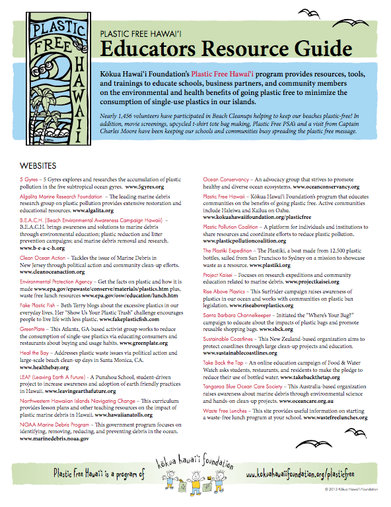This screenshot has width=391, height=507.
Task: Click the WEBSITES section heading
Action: (x=38, y=164)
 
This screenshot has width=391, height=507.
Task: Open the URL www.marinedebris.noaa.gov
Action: (x=55, y=438)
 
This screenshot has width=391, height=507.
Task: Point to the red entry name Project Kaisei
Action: (x=225, y=274)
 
